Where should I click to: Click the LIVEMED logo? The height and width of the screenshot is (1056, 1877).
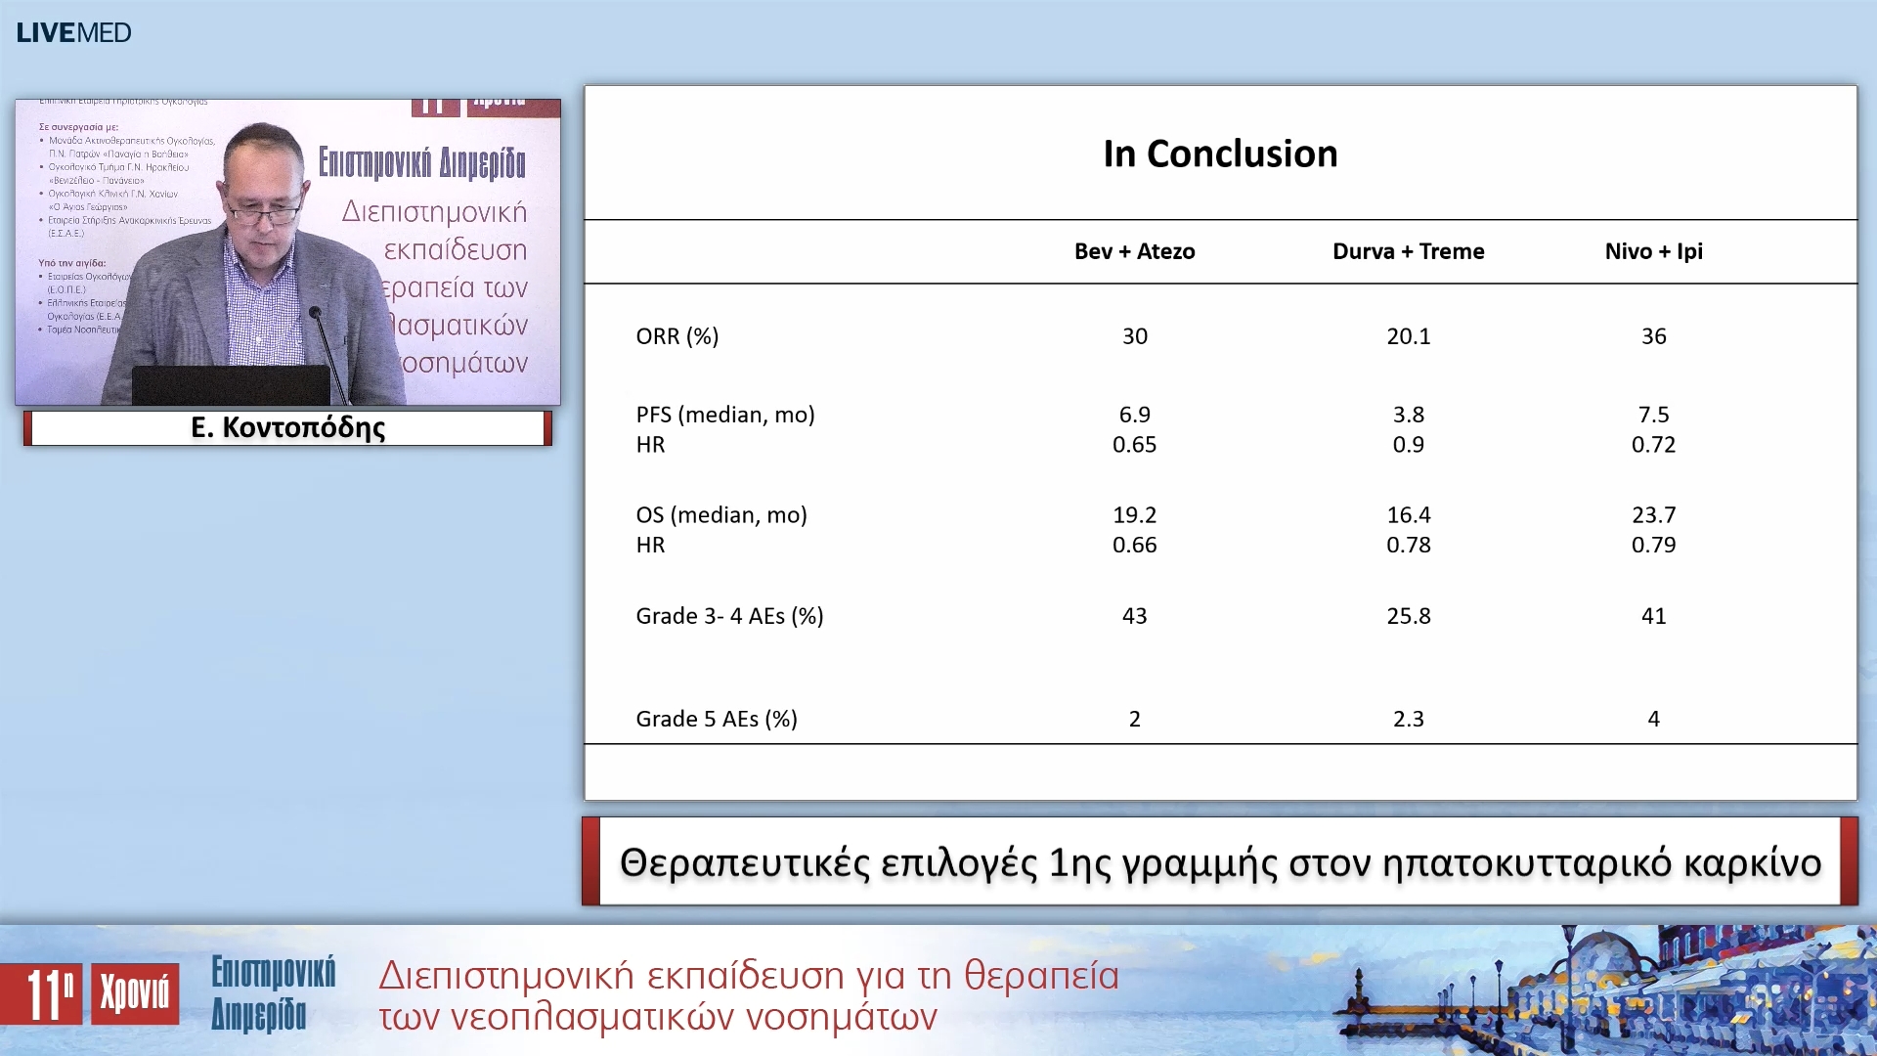tap(73, 32)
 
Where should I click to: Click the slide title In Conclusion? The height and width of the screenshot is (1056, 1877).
tap(1220, 154)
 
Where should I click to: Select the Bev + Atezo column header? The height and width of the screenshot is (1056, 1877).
tap(1134, 251)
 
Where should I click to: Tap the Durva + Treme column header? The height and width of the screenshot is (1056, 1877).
tap(1408, 251)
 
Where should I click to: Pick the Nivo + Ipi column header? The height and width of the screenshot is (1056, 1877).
tap(1653, 251)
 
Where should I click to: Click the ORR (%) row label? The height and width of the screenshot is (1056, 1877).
tap(677, 336)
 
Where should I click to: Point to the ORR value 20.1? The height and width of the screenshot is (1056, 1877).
tap(1408, 336)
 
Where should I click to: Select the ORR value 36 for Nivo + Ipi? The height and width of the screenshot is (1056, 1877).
tap(1653, 336)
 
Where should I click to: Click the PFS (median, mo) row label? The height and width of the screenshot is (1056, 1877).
tap(724, 415)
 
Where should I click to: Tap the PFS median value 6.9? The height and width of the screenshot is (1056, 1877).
tap(1134, 415)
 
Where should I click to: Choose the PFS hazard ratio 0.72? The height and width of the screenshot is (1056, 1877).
tap(1653, 445)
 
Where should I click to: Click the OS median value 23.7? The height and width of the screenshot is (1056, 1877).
tap(1653, 515)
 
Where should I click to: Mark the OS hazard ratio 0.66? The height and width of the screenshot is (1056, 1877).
tap(1134, 546)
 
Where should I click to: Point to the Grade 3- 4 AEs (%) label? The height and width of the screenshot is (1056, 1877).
tap(729, 616)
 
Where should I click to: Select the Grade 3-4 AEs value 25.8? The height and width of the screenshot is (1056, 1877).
tap(1408, 616)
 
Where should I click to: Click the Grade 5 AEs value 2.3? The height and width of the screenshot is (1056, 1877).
tap(1408, 719)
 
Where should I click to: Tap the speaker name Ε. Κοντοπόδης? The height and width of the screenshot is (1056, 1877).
tap(287, 427)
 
